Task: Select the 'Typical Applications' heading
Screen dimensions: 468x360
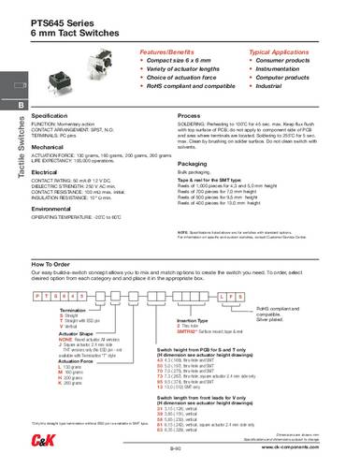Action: (x=280, y=46)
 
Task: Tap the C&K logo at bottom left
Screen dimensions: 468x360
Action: (x=21, y=448)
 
